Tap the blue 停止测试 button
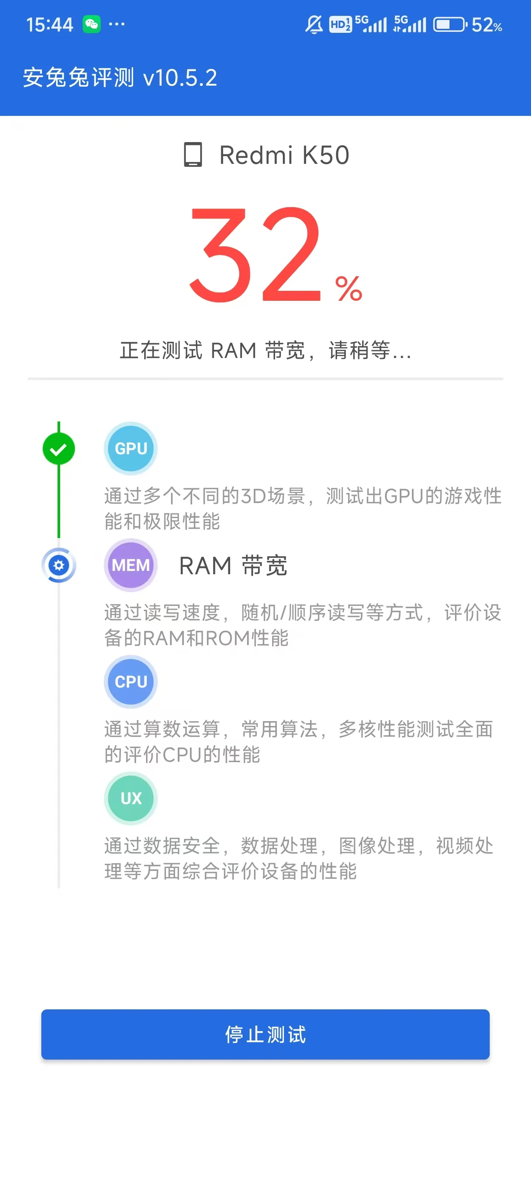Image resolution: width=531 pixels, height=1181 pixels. click(265, 1034)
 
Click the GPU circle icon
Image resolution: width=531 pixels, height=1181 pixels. click(131, 448)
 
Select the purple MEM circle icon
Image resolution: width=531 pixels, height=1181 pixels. click(131, 565)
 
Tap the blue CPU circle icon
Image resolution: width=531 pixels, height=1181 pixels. click(131, 682)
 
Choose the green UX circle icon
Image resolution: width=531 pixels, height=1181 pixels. click(131, 798)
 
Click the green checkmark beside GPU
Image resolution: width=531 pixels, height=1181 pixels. click(59, 449)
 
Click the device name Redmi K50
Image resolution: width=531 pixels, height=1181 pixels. click(284, 155)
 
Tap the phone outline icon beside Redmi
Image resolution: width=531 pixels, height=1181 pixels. click(193, 155)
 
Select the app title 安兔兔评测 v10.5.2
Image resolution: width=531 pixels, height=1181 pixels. click(120, 78)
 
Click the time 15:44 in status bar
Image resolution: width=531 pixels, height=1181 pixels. click(49, 25)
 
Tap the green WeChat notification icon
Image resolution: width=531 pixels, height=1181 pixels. click(91, 24)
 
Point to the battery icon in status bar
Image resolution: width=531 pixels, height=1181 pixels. click(450, 24)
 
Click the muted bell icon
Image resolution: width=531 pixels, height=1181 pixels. click(314, 24)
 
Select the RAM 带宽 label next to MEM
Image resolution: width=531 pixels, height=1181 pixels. click(233, 565)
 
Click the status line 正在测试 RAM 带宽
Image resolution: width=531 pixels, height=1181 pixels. click(265, 350)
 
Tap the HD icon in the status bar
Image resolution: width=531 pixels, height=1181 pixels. click(340, 24)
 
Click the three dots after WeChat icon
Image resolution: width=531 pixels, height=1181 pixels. click(117, 24)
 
